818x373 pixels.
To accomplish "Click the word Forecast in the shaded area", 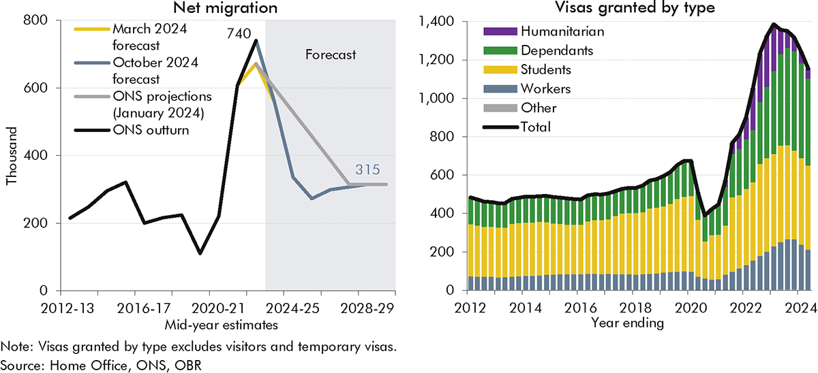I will pos(330,55).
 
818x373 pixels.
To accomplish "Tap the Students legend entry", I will pos(545,69).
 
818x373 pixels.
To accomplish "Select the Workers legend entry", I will pos(545,88).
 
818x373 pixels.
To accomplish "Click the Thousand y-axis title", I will pos(11,156).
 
